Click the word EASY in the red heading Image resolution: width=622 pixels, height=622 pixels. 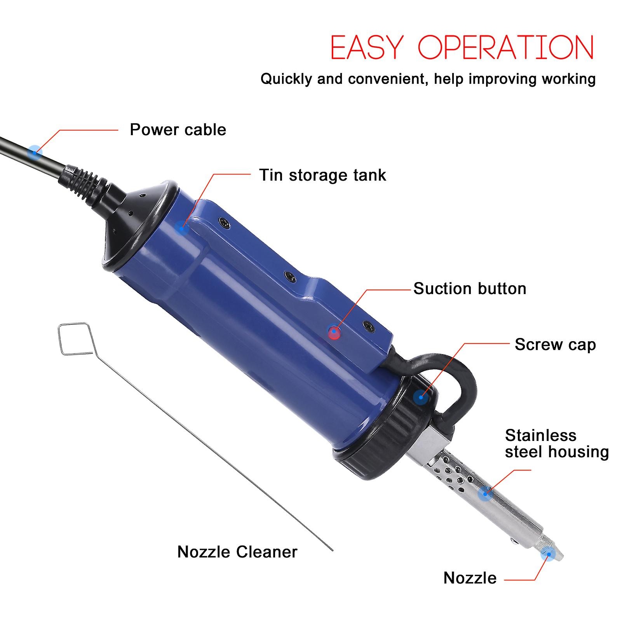(x=367, y=48)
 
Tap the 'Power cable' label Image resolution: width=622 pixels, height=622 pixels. (x=178, y=130)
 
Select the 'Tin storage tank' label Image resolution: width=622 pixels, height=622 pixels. (x=322, y=175)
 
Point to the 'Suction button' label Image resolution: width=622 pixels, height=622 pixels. (x=470, y=289)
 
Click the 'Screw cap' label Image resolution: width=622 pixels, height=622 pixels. (x=555, y=345)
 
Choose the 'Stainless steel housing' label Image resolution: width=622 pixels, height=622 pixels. (x=557, y=444)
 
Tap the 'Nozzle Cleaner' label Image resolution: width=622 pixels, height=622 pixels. (x=237, y=552)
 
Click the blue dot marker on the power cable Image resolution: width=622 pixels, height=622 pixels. (x=35, y=152)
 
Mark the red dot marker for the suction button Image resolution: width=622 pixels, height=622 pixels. (x=334, y=333)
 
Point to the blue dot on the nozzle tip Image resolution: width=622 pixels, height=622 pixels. (x=548, y=553)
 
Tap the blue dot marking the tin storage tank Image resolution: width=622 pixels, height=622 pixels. (x=181, y=228)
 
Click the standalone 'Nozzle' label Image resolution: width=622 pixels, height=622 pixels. (x=470, y=578)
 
